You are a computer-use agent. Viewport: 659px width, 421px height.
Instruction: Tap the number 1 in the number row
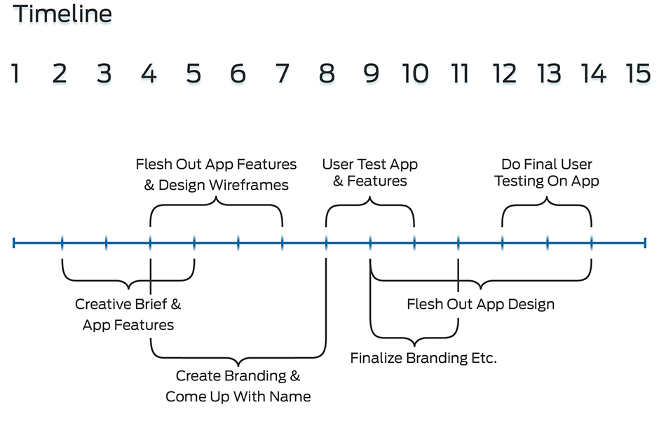tap(15, 74)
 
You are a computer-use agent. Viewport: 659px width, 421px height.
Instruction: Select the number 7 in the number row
tap(282, 74)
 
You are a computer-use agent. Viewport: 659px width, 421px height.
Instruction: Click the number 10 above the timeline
tap(415, 74)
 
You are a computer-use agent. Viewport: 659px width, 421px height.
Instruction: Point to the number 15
tap(638, 74)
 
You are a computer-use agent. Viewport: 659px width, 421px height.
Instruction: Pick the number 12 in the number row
tap(504, 74)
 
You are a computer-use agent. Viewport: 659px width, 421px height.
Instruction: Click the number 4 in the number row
tap(149, 74)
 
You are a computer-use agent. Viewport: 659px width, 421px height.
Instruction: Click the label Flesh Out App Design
tap(480, 305)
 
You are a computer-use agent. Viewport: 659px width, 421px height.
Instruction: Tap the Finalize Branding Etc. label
tap(423, 359)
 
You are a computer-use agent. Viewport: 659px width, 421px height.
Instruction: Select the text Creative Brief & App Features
tap(128, 315)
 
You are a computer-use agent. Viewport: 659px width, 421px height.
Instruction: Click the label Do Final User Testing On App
tap(547, 172)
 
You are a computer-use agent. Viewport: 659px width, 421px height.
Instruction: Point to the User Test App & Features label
tap(369, 172)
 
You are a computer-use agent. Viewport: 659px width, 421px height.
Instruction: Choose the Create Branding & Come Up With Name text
tap(238, 386)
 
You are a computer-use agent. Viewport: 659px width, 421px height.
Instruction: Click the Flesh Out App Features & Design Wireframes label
tap(216, 174)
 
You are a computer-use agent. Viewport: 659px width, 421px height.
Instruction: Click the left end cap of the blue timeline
tap(14, 243)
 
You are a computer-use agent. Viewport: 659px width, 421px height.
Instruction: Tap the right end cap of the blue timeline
tap(645, 243)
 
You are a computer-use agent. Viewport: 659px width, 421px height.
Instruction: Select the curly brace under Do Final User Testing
tap(547, 204)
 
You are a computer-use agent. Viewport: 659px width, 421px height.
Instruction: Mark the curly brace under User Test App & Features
tap(369, 204)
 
